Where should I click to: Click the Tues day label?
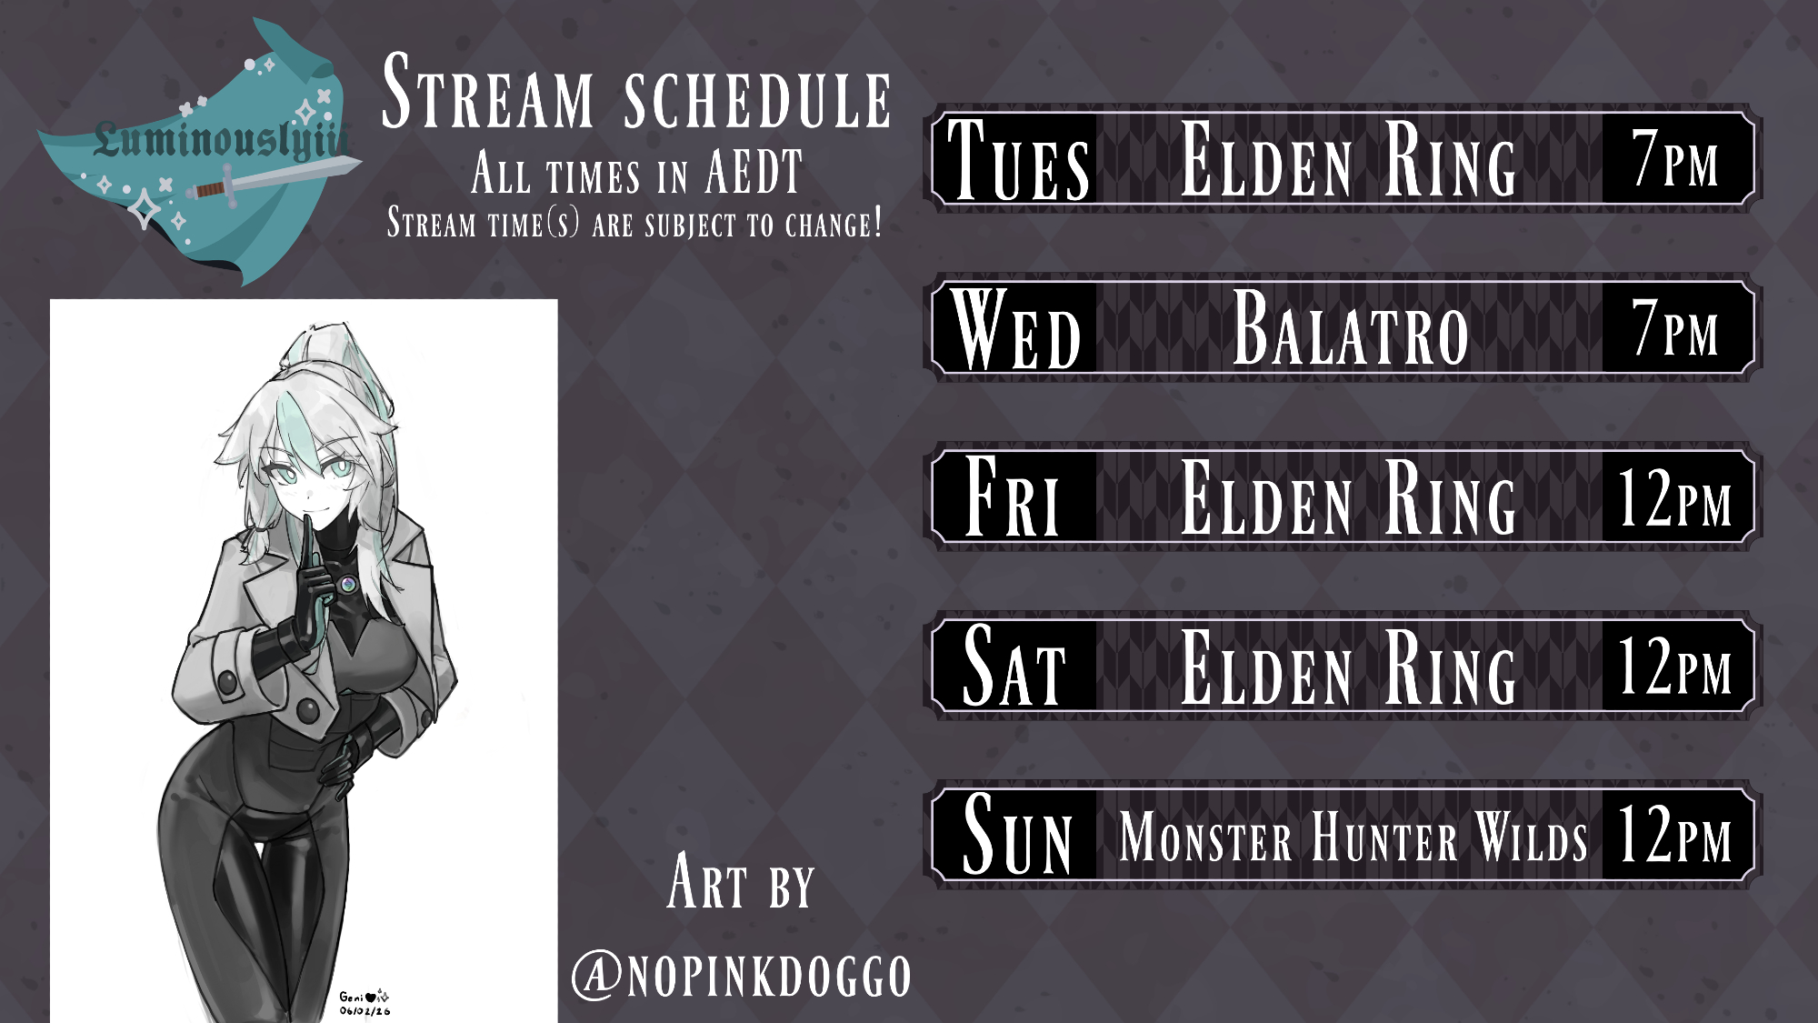click(x=1018, y=160)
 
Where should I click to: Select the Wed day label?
click(x=1016, y=328)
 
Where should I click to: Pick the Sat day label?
click(x=1014, y=666)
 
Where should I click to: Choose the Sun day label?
click(x=1017, y=834)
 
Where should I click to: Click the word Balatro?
click(x=1351, y=328)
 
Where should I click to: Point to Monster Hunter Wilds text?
click(x=1354, y=837)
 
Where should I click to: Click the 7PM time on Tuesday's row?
click(x=1675, y=158)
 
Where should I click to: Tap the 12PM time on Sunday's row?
click(x=1675, y=834)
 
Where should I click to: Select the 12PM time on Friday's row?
click(x=1675, y=497)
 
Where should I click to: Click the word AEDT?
click(x=754, y=172)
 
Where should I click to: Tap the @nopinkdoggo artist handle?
click(x=742, y=976)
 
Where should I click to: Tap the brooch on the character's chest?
click(x=347, y=584)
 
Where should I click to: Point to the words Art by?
click(x=741, y=881)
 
